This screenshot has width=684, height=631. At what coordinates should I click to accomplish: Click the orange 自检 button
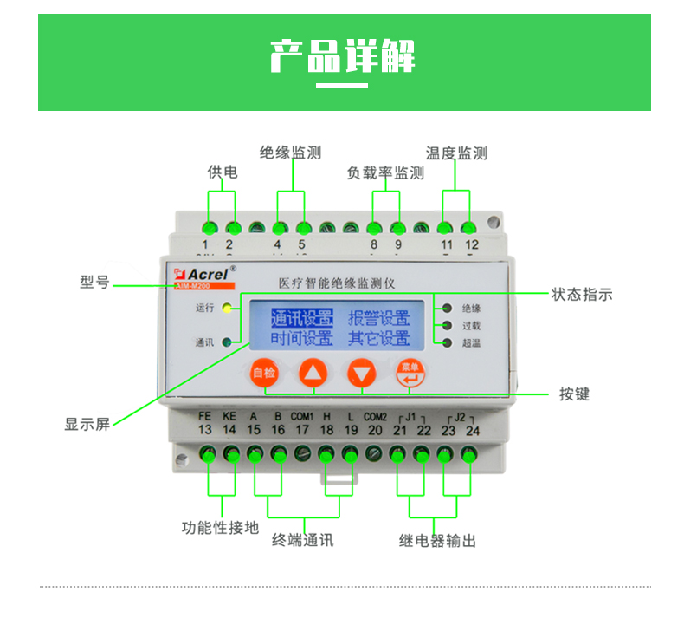click(x=262, y=374)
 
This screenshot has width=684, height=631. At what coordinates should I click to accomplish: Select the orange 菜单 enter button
click(x=410, y=373)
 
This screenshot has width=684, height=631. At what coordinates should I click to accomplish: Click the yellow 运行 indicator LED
click(x=227, y=308)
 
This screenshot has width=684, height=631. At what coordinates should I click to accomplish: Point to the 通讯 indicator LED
click(x=227, y=342)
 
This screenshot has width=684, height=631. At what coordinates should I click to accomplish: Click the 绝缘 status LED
click(x=447, y=308)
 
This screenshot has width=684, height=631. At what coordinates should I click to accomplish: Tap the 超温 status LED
click(x=447, y=343)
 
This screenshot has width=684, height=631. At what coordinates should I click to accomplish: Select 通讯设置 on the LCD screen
click(x=301, y=316)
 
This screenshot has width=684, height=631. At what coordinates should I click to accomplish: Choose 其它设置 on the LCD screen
click(x=379, y=337)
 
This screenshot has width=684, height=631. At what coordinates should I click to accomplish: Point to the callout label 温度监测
click(x=456, y=153)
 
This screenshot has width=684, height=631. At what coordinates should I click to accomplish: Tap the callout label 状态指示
click(x=582, y=295)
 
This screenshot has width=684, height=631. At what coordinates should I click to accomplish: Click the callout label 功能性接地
click(x=220, y=527)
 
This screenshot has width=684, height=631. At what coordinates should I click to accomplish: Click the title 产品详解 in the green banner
click(x=343, y=55)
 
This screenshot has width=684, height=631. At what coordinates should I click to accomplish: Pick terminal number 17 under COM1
click(x=302, y=430)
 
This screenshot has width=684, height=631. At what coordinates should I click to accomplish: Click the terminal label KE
click(x=229, y=416)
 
